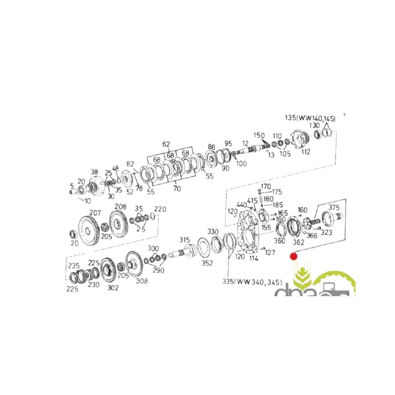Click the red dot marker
pyautogui.click(x=293, y=256)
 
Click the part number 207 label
pyautogui.click(x=95, y=213)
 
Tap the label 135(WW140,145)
pyautogui.click(x=310, y=118)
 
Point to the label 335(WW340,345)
pyautogui.click(x=252, y=282)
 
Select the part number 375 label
pyautogui.click(x=334, y=207)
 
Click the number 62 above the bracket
pyautogui.click(x=166, y=144)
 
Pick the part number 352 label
pyautogui.click(x=207, y=263)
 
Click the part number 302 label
pyautogui.click(x=112, y=288)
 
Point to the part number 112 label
pyautogui.click(x=305, y=152)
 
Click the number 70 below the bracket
pyautogui.click(x=177, y=189)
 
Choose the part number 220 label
pyautogui.click(x=160, y=209)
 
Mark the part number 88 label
pyautogui.click(x=211, y=147)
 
